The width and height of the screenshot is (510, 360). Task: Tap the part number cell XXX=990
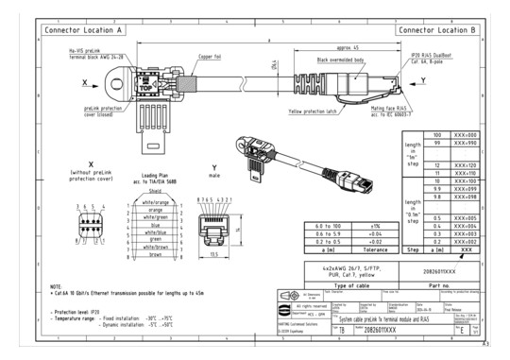click(x=465, y=145)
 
